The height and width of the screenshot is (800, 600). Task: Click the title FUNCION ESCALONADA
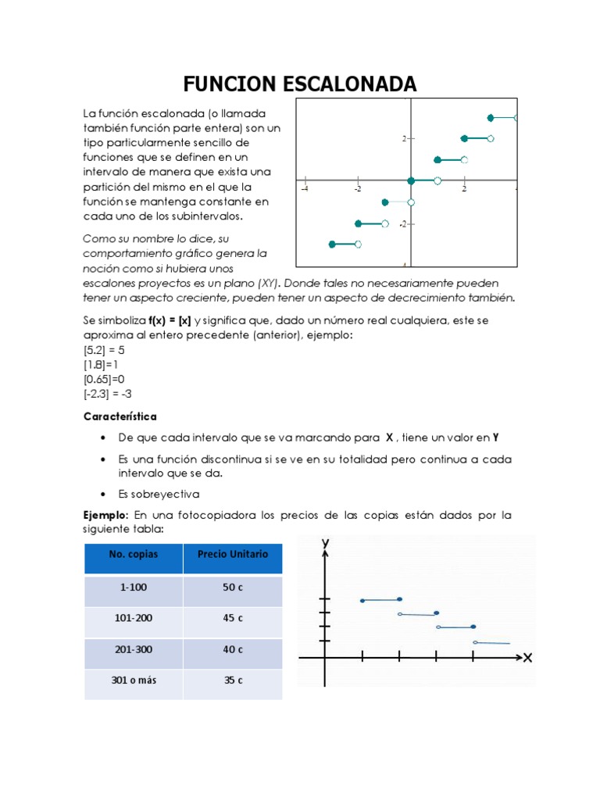tap(300, 84)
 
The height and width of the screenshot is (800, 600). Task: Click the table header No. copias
tap(133, 555)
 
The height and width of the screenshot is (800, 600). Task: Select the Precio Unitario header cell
tap(233, 554)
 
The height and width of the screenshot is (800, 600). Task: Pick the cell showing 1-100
tap(133, 587)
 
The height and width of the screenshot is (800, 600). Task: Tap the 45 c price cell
tap(233, 618)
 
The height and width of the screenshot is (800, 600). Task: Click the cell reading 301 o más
tap(133, 680)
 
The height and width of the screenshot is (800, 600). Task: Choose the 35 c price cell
tap(233, 680)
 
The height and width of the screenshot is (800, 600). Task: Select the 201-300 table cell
tap(133, 649)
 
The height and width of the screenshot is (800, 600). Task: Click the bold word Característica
tap(120, 416)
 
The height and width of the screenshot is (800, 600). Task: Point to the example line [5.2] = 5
tap(104, 350)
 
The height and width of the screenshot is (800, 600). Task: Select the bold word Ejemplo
tap(105, 515)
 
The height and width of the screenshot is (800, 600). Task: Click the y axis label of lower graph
tap(323, 542)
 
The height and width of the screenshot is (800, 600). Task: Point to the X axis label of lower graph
tap(527, 659)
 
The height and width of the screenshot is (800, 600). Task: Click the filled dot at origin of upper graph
tap(411, 181)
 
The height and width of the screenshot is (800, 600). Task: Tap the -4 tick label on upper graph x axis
tap(305, 189)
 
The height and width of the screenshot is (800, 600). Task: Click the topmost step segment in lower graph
tap(380, 600)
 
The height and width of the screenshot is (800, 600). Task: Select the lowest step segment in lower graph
tap(492, 643)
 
